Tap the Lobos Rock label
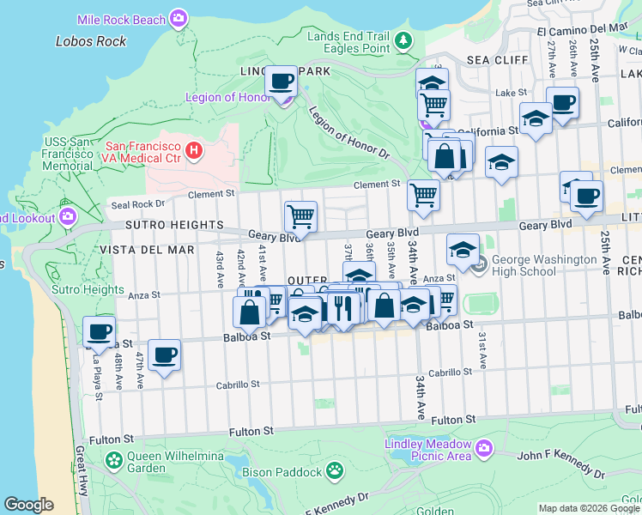tap(91, 41)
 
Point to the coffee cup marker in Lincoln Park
tap(281, 83)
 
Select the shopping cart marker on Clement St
tap(423, 195)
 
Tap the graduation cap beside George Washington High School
tap(463, 250)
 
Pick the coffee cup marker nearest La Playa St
tap(99, 331)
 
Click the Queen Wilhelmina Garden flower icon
tap(114, 461)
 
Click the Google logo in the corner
tap(28, 505)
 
